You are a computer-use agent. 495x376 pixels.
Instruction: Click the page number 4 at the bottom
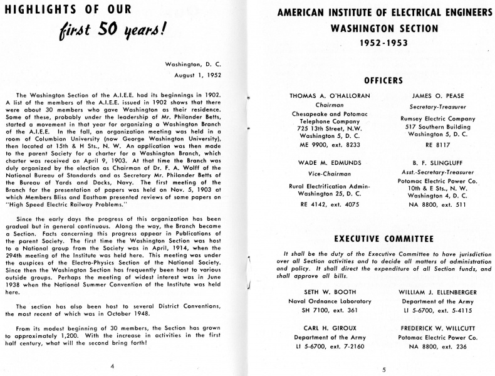click(112, 365)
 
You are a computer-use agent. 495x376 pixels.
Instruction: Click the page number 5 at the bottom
click(383, 370)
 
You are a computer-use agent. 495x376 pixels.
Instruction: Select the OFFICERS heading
click(383, 80)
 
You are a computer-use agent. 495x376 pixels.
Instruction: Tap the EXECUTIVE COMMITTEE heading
click(383, 238)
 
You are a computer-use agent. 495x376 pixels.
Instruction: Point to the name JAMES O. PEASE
click(438, 96)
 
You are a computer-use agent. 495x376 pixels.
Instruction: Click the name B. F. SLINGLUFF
click(438, 163)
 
